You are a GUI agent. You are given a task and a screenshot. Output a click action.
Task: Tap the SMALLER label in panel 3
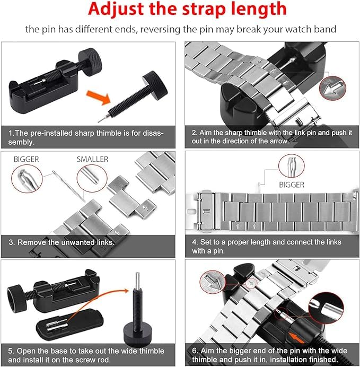93,159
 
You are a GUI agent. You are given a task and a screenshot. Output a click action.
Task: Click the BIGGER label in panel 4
292,185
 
